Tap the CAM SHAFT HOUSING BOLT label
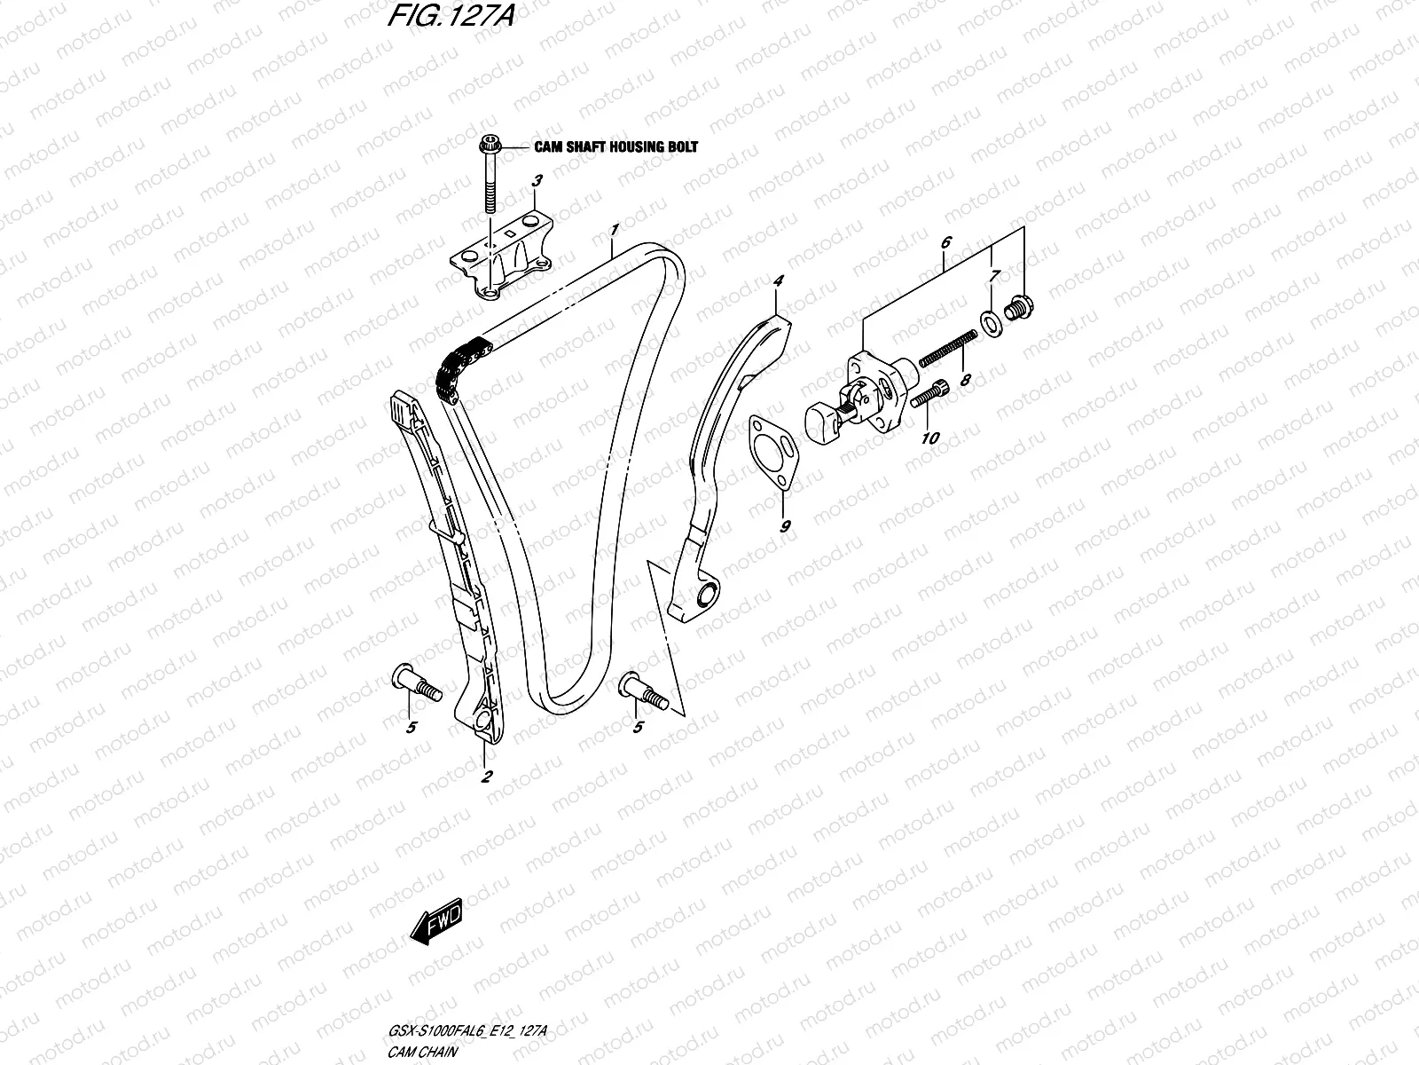click(x=615, y=146)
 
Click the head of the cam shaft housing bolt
click(x=489, y=145)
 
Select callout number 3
click(x=536, y=181)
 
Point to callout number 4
click(x=778, y=281)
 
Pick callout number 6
click(x=945, y=217)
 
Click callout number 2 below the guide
click(x=486, y=777)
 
